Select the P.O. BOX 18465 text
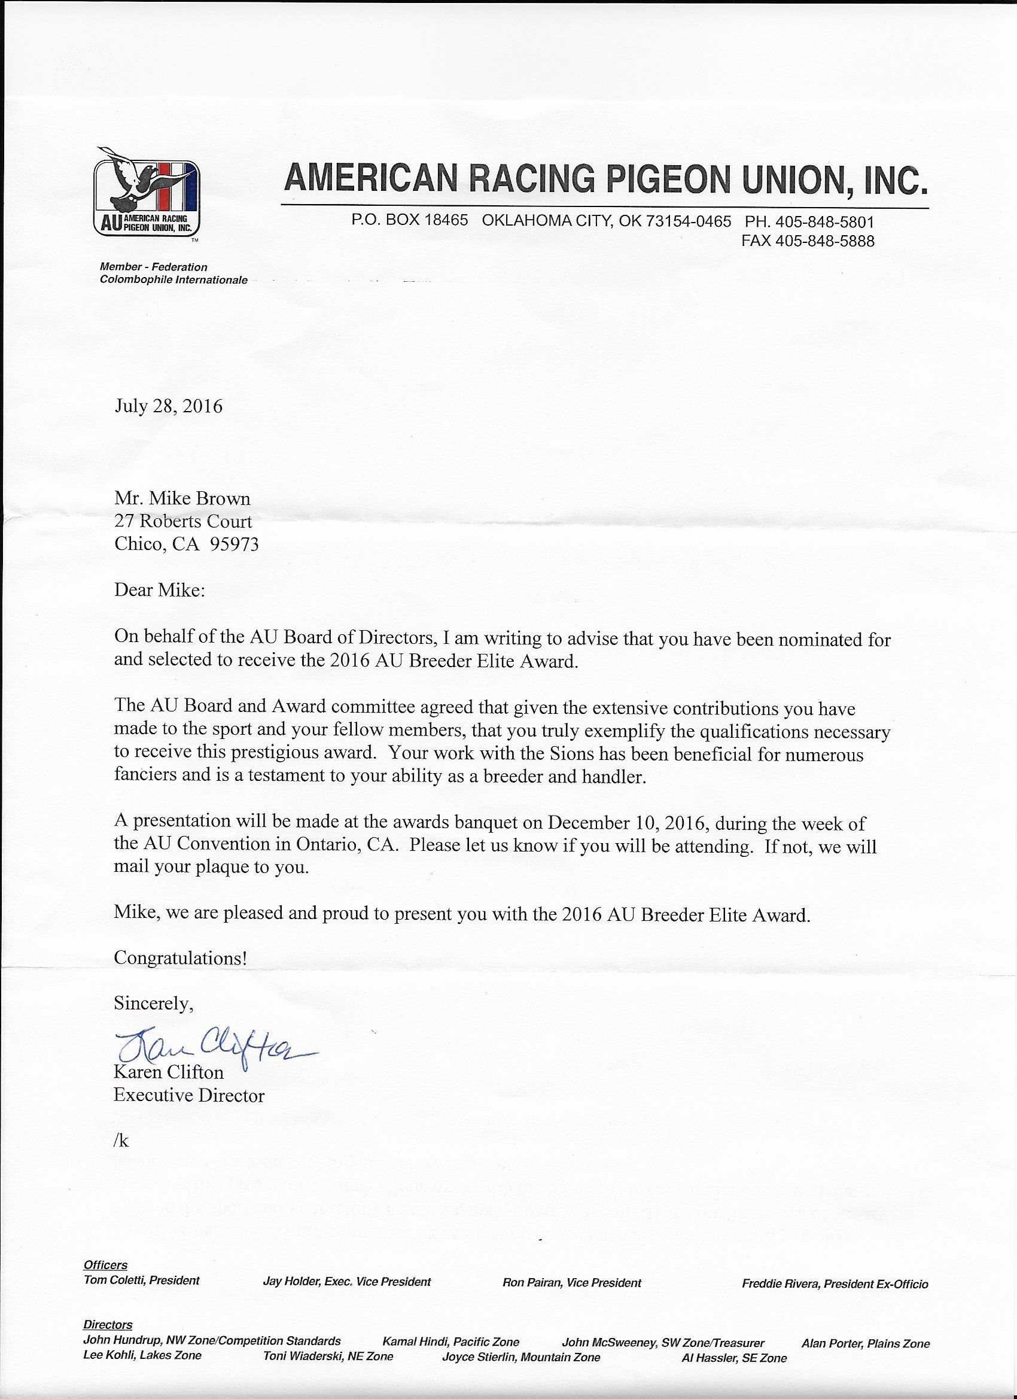410,221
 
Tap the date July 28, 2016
168,407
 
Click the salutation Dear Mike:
159,591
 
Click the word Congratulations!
181,958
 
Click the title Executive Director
188,1096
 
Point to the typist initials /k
121,1141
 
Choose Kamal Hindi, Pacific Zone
451,1342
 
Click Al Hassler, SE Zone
734,1358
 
